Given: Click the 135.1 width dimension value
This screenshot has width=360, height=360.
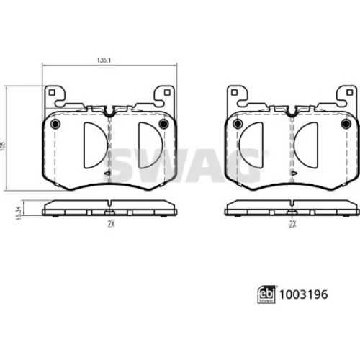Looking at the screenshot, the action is [x=104, y=60].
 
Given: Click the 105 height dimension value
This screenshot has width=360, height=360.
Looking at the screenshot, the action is [x=3, y=146].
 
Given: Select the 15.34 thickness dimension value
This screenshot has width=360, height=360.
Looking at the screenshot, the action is [x=19, y=213].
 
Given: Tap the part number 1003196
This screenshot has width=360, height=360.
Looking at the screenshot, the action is [x=303, y=294].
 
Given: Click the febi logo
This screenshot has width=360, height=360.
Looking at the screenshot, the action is [x=266, y=294].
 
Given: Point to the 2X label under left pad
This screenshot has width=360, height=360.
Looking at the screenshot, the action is [x=111, y=224].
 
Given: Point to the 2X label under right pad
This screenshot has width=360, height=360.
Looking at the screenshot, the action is [x=292, y=224].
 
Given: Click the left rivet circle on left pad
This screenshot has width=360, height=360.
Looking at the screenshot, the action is [x=55, y=124].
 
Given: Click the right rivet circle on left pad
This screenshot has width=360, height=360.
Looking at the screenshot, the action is [x=164, y=124].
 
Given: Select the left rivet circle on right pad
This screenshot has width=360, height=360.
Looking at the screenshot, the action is [x=238, y=124].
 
